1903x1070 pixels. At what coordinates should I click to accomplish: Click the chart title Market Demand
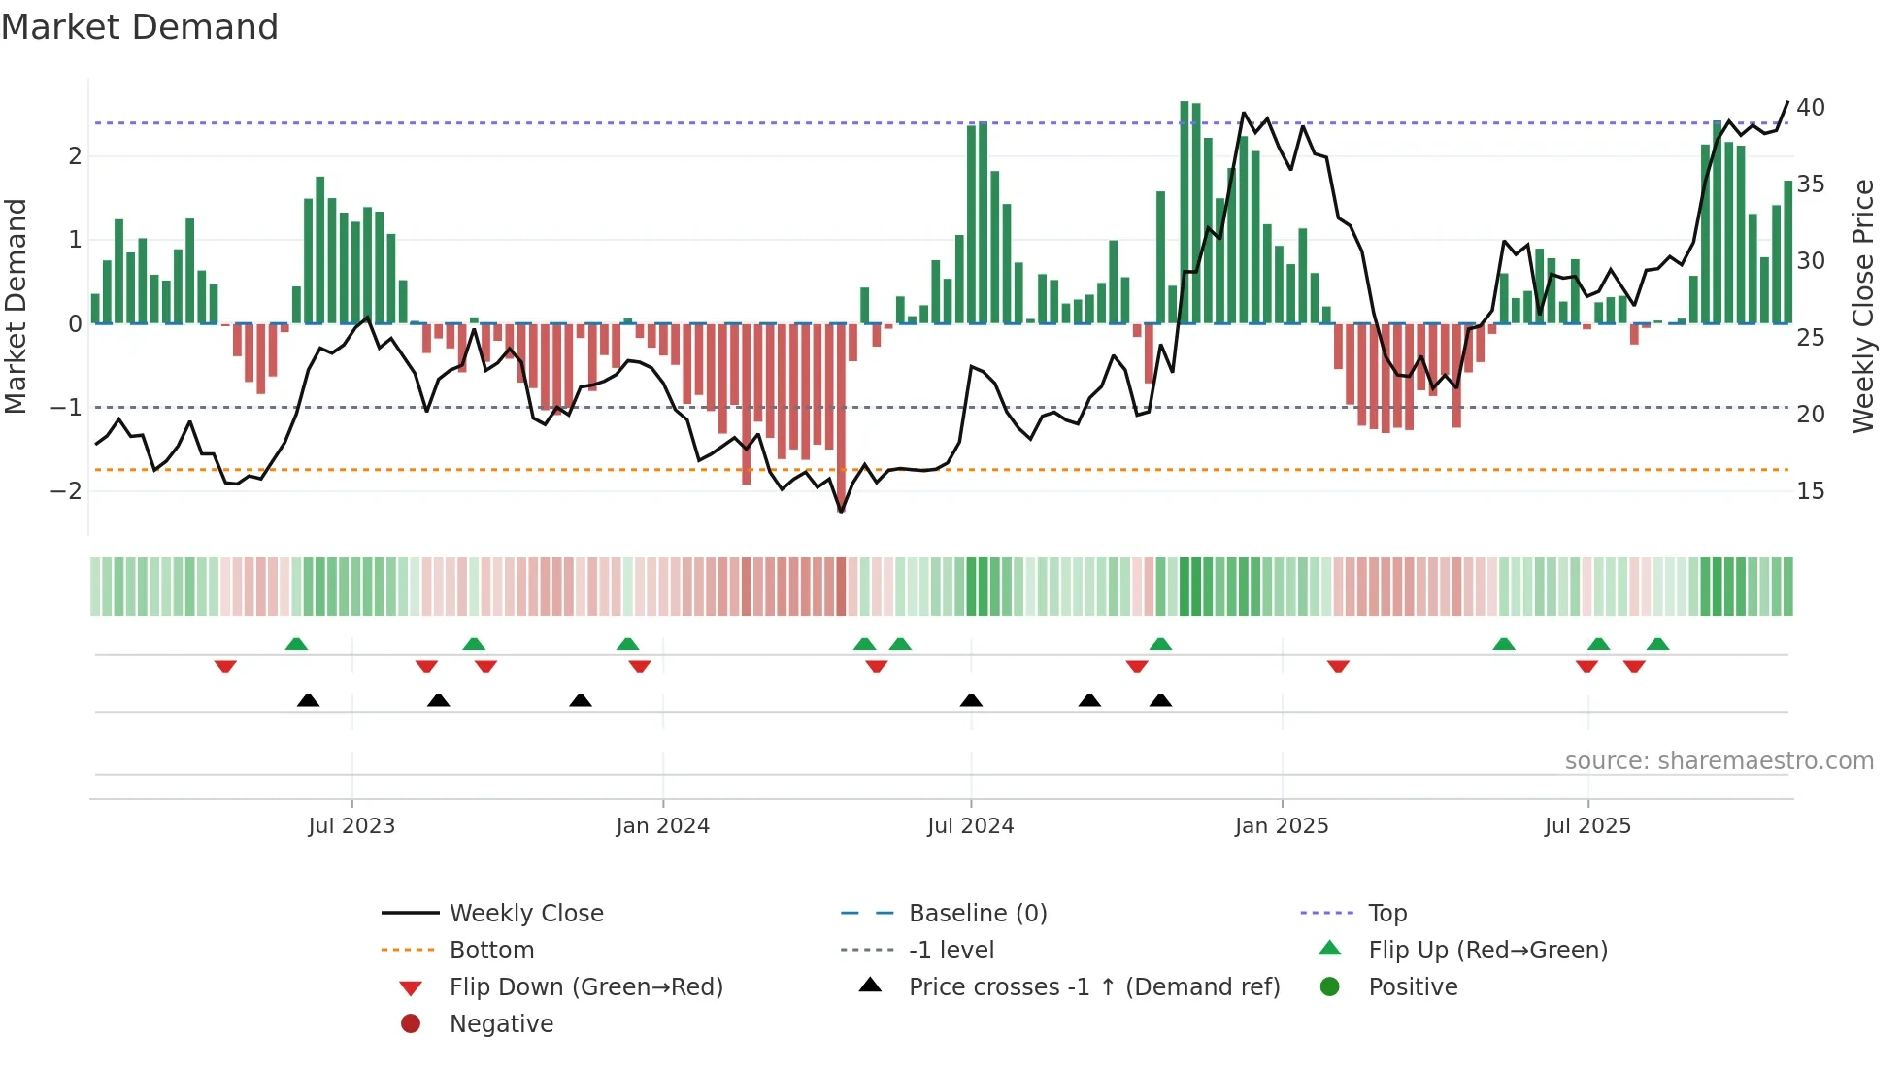click(140, 27)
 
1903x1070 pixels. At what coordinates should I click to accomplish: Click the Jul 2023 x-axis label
click(351, 826)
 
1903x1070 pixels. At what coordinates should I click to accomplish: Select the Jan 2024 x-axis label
click(662, 826)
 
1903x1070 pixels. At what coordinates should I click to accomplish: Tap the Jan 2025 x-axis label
click(1282, 826)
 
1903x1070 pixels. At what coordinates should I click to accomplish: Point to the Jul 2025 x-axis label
click(1587, 826)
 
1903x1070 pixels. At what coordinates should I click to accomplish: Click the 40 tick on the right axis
click(1810, 108)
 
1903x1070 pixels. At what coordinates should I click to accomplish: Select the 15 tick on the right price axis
click(1810, 491)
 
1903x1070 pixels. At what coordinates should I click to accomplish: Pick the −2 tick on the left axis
click(66, 491)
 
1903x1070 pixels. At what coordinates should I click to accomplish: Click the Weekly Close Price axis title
click(1862, 306)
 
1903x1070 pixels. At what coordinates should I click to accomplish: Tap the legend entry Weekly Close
click(525, 914)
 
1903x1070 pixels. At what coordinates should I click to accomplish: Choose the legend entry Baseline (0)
click(977, 914)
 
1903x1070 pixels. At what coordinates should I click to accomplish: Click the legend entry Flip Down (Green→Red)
click(585, 987)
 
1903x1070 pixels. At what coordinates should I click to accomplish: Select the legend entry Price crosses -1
click(1093, 987)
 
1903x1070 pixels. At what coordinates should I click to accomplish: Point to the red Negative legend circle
click(411, 1024)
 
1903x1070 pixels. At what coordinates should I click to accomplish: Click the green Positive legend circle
click(1330, 987)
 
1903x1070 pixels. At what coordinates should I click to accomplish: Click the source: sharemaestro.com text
click(1719, 761)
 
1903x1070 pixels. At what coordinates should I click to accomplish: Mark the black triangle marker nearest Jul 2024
click(971, 700)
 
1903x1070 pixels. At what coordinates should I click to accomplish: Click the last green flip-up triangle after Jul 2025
click(1658, 644)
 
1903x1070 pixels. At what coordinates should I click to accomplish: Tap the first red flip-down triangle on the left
click(225, 666)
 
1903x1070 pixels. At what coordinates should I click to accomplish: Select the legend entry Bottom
click(491, 951)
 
